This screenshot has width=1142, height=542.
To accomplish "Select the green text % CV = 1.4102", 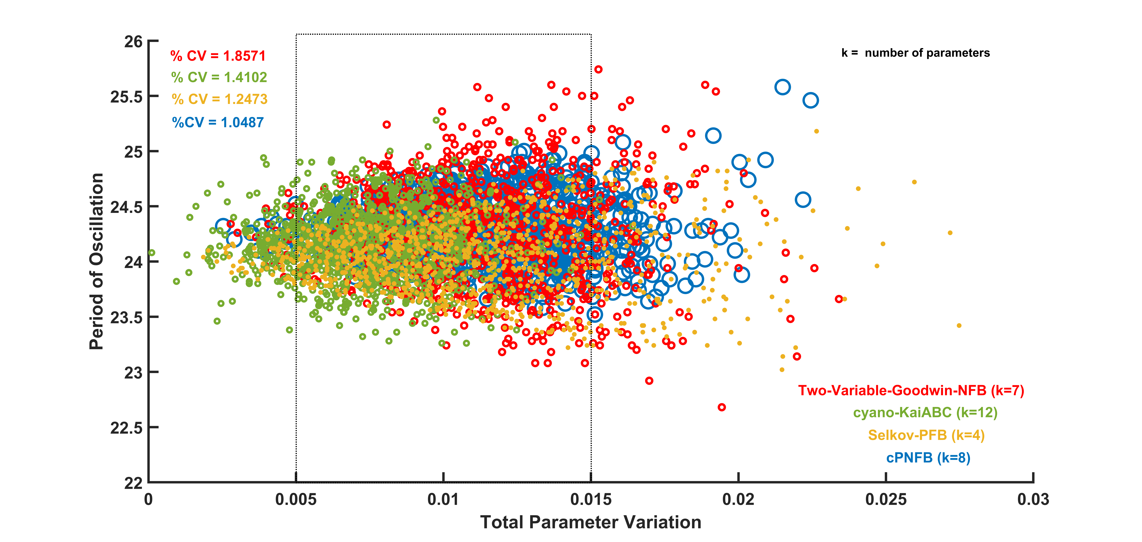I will [x=219, y=78].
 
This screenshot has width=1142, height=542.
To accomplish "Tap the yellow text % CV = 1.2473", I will [x=219, y=99].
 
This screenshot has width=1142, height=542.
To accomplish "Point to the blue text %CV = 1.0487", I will [x=218, y=122].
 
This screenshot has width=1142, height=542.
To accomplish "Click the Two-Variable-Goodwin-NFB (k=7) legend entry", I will [x=911, y=391].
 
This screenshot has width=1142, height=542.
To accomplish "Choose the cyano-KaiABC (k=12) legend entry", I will [x=925, y=413].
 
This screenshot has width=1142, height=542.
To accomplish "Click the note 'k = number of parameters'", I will [x=915, y=53].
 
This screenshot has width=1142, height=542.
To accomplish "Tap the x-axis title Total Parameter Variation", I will [x=591, y=522].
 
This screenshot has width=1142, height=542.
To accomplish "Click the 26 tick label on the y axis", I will [x=133, y=42].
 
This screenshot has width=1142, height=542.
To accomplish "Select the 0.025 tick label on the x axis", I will [x=886, y=500].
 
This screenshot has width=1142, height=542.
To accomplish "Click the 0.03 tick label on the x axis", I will [x=1033, y=500].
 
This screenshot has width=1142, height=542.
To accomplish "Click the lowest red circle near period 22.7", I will [x=722, y=407].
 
